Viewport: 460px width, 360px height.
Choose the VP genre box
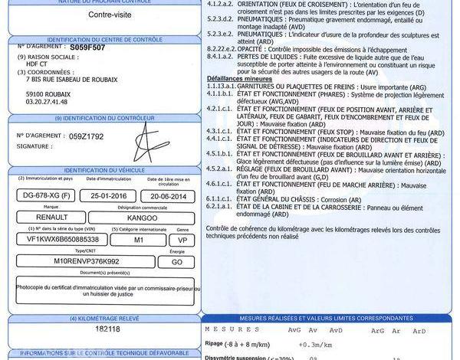182,240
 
